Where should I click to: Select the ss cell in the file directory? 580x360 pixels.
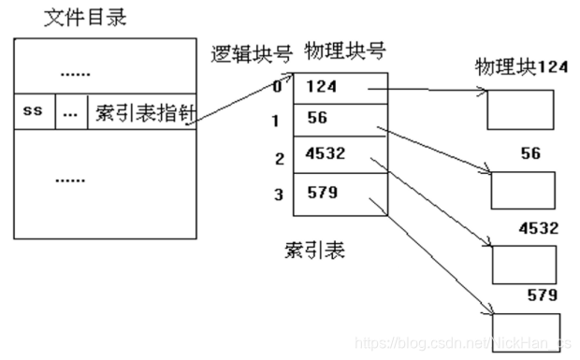point(34,110)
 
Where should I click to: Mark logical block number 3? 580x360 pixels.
point(278,194)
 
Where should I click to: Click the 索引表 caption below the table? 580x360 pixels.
point(309,251)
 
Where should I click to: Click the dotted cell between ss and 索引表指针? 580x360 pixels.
point(69,111)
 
